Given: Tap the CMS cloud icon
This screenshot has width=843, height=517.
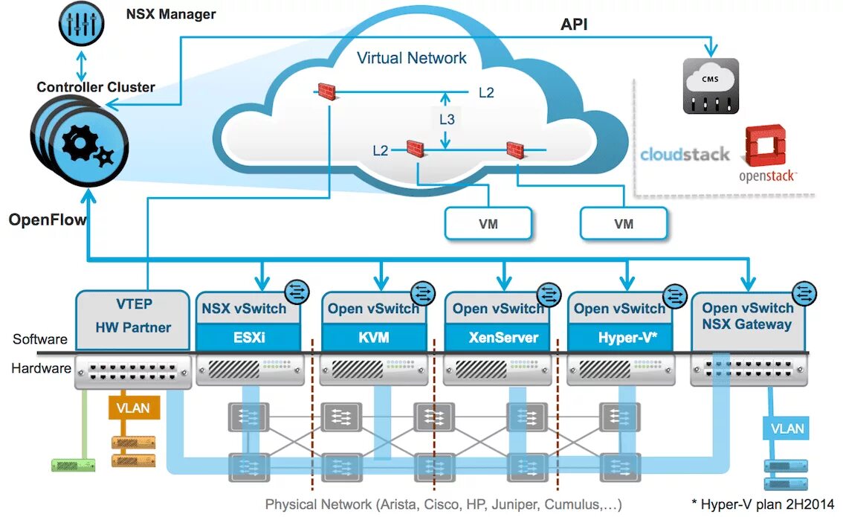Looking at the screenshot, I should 711,86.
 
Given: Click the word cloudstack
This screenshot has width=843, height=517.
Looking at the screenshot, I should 685,155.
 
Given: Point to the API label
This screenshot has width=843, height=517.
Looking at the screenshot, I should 574,25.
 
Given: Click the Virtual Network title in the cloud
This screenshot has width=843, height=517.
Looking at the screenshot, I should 411,58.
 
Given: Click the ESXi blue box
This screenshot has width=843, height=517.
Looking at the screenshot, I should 249,337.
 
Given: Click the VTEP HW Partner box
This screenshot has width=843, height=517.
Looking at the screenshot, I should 133,318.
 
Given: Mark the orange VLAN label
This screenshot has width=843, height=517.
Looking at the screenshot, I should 134,408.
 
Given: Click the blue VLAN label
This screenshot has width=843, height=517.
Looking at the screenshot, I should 787,428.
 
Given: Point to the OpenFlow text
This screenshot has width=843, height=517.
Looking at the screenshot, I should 47,220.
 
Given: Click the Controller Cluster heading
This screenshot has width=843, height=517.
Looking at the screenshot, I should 96,87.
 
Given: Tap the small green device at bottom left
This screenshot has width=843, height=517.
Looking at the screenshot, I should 73,465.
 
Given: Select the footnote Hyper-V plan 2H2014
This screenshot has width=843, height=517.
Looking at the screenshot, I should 762,502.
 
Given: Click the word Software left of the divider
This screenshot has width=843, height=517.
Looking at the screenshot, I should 39,339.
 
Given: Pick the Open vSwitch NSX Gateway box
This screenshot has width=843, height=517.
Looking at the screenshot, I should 747,317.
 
